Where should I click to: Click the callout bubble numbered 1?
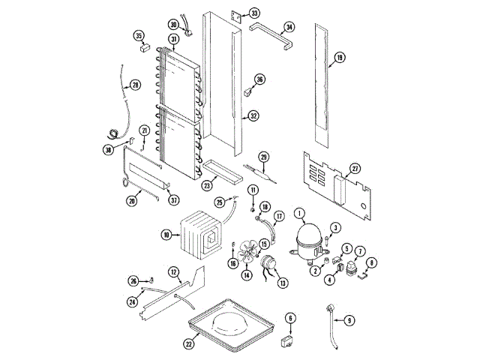299,213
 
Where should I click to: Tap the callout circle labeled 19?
340,58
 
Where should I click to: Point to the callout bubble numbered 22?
189,343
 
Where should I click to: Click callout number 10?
166,235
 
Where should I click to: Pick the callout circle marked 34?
288,29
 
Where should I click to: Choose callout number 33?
254,13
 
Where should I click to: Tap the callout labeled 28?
135,84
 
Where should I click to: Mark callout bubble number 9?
348,320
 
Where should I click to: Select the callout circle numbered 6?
290,319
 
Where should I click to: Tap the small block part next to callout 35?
142,51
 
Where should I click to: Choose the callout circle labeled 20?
132,200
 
